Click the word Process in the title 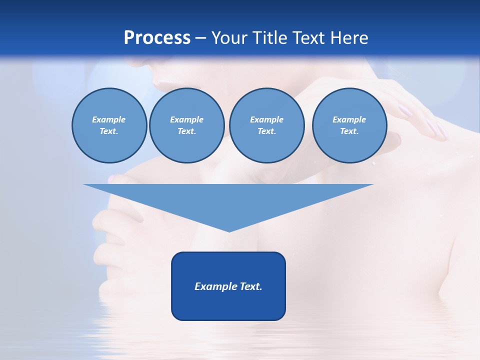[157, 38]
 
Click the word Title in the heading [270, 38]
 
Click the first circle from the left [109, 125]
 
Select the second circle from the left [186, 125]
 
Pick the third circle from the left [266, 125]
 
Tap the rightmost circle [349, 125]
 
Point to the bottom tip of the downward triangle [229, 231]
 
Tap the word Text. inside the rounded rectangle [251, 286]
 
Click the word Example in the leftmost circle [109, 120]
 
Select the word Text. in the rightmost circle [349, 131]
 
